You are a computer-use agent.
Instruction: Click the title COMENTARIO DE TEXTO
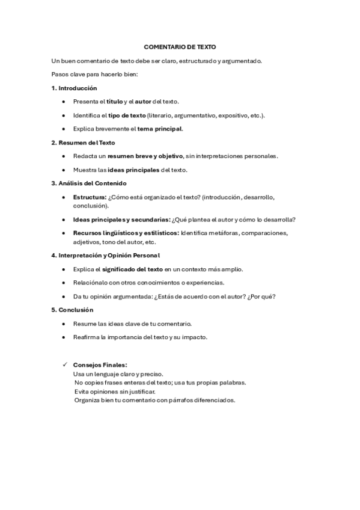point(180,46)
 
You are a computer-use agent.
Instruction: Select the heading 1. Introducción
point(74,88)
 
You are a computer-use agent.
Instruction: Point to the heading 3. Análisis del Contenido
point(88,183)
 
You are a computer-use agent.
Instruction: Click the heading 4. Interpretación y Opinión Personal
point(105,255)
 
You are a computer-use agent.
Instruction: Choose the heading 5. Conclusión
point(72,310)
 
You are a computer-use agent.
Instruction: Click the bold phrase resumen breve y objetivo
point(145,156)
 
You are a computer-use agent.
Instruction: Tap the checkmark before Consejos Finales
point(64,364)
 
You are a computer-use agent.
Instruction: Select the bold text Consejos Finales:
point(100,364)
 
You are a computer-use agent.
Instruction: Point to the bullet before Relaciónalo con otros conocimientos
point(64,283)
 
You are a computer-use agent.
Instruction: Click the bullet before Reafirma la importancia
point(64,337)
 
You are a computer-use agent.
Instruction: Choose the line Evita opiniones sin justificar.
point(114,392)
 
